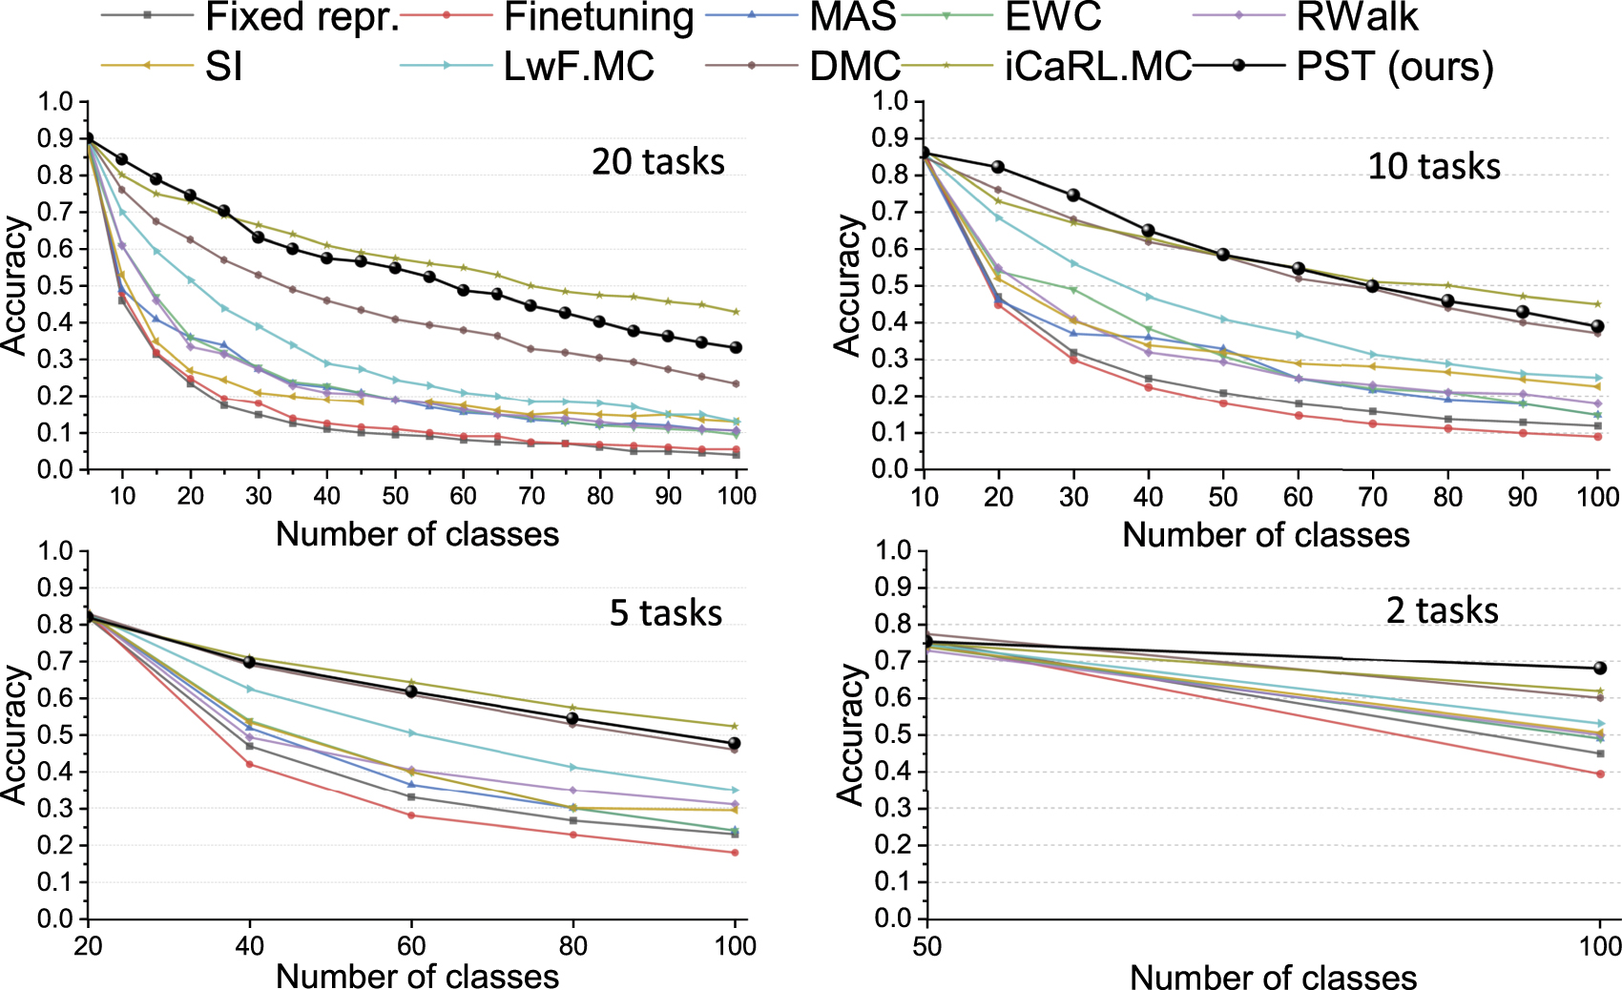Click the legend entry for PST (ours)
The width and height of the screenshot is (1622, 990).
pyautogui.click(x=1393, y=66)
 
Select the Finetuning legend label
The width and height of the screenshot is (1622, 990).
pyautogui.click(x=598, y=17)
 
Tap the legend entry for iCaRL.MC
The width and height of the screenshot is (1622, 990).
pyautogui.click(x=1097, y=66)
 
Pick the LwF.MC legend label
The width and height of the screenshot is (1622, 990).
pyautogui.click(x=578, y=66)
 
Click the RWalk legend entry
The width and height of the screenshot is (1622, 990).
pyautogui.click(x=1357, y=17)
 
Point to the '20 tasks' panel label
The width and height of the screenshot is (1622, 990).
pyautogui.click(x=657, y=161)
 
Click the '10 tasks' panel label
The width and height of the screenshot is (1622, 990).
pyautogui.click(x=1433, y=166)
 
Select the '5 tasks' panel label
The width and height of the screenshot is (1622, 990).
pyautogui.click(x=665, y=612)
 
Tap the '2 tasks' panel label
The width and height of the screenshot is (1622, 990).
pyautogui.click(x=1441, y=609)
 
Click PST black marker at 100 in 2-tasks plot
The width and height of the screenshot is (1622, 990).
pyautogui.click(x=1600, y=668)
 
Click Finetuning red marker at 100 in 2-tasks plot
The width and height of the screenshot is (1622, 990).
pyautogui.click(x=1600, y=773)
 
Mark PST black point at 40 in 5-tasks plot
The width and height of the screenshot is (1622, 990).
pyautogui.click(x=250, y=661)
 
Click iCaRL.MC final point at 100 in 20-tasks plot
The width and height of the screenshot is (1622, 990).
pyautogui.click(x=736, y=312)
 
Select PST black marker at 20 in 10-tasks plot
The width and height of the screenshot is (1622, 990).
pyautogui.click(x=998, y=167)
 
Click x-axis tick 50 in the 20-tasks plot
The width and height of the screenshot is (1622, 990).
pyautogui.click(x=395, y=496)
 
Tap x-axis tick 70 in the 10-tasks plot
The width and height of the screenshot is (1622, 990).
pyautogui.click(x=1372, y=497)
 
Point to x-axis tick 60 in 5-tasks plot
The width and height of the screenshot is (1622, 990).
pyautogui.click(x=411, y=945)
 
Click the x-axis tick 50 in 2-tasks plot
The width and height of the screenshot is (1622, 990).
pyautogui.click(x=926, y=946)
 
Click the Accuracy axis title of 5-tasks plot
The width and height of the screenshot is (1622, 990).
pyautogui.click(x=15, y=734)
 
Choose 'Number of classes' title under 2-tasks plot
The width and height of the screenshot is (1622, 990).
pyautogui.click(x=1273, y=977)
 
